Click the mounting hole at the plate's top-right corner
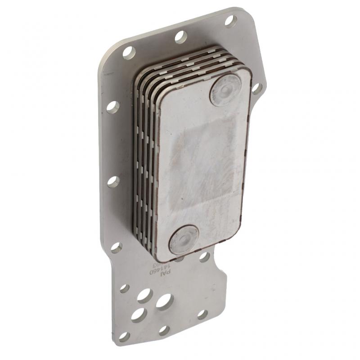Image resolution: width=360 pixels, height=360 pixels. coord(230,21)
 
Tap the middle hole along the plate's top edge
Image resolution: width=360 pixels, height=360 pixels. coord(180,37)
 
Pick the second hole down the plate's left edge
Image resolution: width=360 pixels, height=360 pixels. coord(112,107)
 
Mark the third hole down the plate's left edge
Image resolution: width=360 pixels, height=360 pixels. coord(113,182)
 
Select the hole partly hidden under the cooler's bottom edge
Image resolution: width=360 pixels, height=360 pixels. coord(179,258)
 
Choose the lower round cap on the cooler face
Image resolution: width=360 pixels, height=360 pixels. coord(184,239)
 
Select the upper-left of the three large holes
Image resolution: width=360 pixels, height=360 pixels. coord(144,295)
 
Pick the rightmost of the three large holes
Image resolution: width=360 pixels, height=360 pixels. coord(164,301)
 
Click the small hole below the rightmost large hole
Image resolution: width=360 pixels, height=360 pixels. coord(164,330)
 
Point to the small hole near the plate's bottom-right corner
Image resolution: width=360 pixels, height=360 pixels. coord(202,314)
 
